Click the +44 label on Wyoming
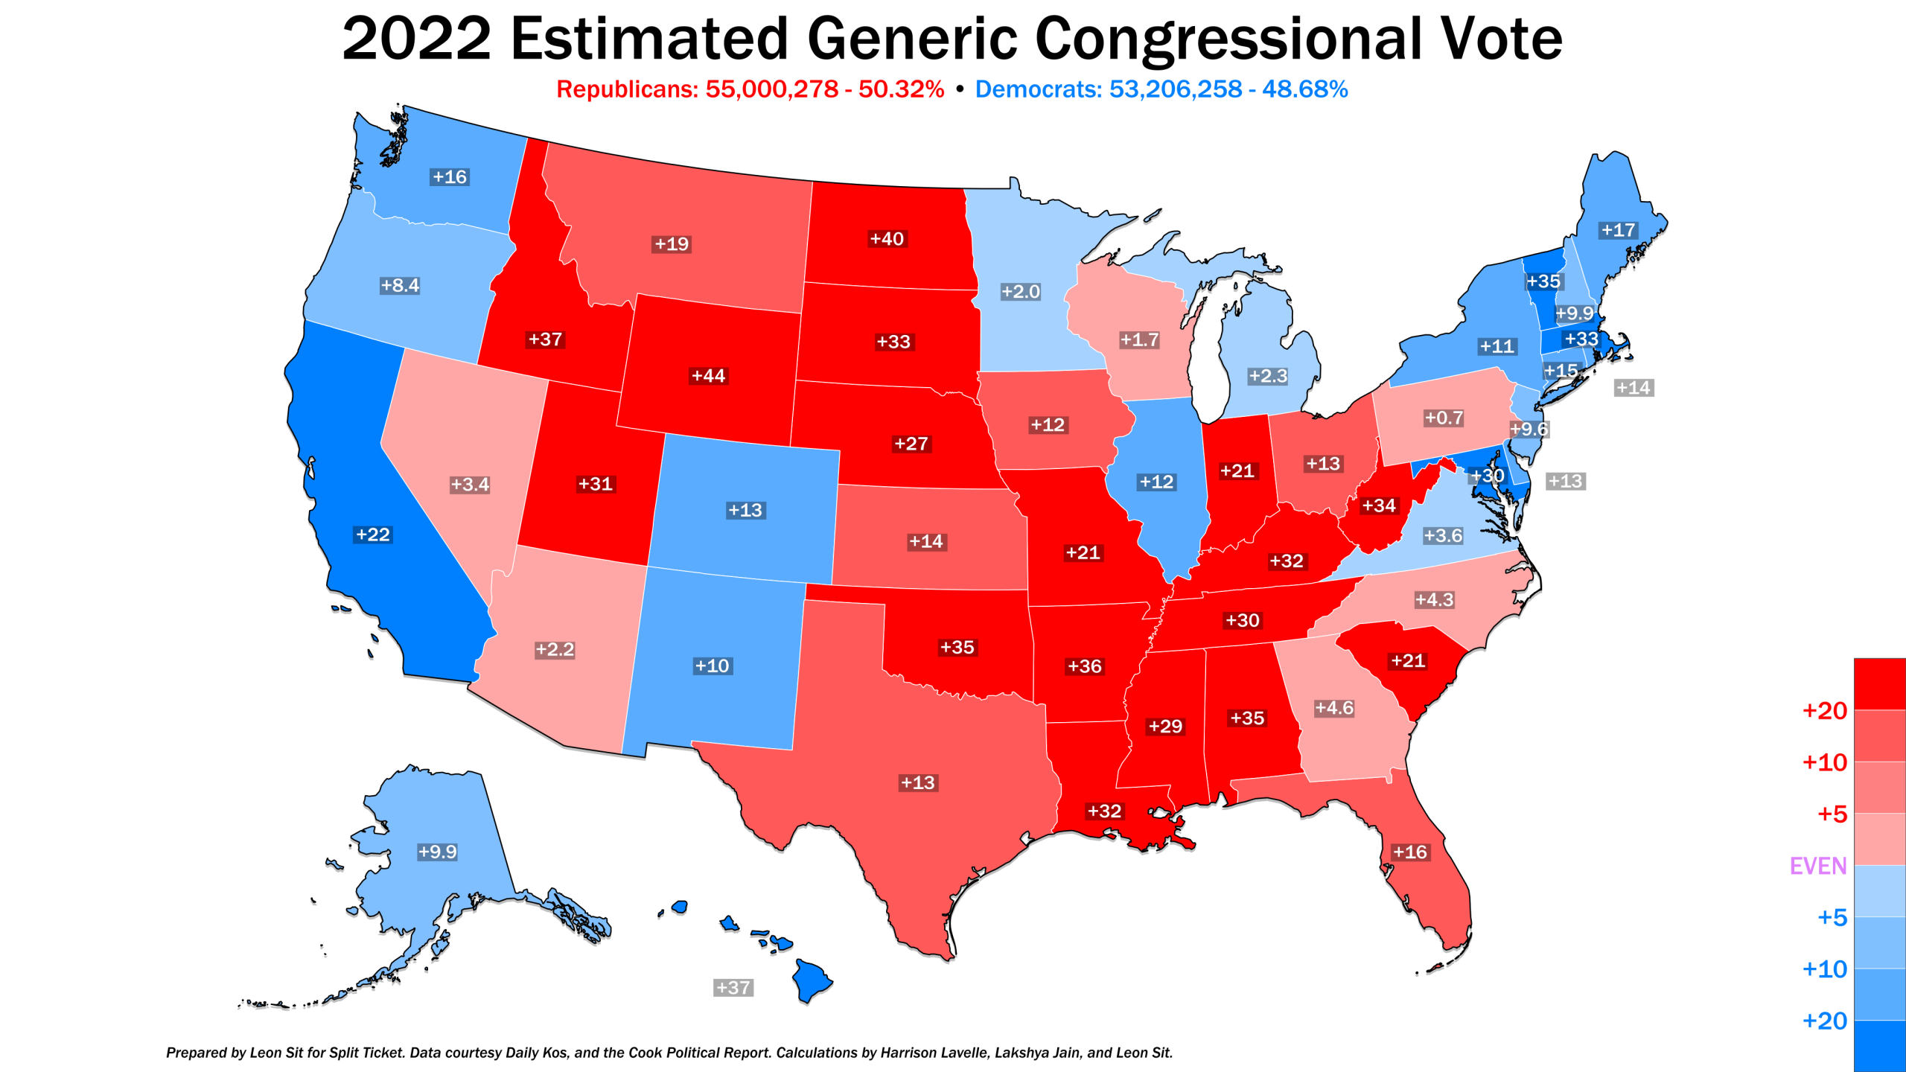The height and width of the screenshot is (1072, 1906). click(x=708, y=376)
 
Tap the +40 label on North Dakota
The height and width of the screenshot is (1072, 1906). click(x=887, y=239)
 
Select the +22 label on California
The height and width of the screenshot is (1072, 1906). click(x=373, y=535)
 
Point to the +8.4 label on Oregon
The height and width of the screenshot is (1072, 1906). click(x=400, y=285)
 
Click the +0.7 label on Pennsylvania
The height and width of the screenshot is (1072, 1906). click(x=1444, y=418)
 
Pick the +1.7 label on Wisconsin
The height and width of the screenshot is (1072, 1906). click(x=1139, y=339)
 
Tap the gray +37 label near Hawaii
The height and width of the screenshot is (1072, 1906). click(x=733, y=988)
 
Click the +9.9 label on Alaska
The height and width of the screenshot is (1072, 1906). click(x=437, y=852)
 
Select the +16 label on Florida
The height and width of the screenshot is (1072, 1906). click(x=1410, y=852)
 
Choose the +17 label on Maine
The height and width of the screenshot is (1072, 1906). click(x=1619, y=230)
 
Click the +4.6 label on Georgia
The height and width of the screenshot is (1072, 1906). click(x=1333, y=708)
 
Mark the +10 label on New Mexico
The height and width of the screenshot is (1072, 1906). click(x=712, y=666)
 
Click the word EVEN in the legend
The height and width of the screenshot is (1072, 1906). click(x=1818, y=866)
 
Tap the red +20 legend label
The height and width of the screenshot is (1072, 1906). click(x=1824, y=711)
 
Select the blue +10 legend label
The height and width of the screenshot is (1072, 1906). click(x=1824, y=969)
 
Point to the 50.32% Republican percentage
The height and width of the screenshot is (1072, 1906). click(x=901, y=89)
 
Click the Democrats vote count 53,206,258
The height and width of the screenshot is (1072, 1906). click(x=1176, y=89)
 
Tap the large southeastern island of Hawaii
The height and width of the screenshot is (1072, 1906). click(x=811, y=980)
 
